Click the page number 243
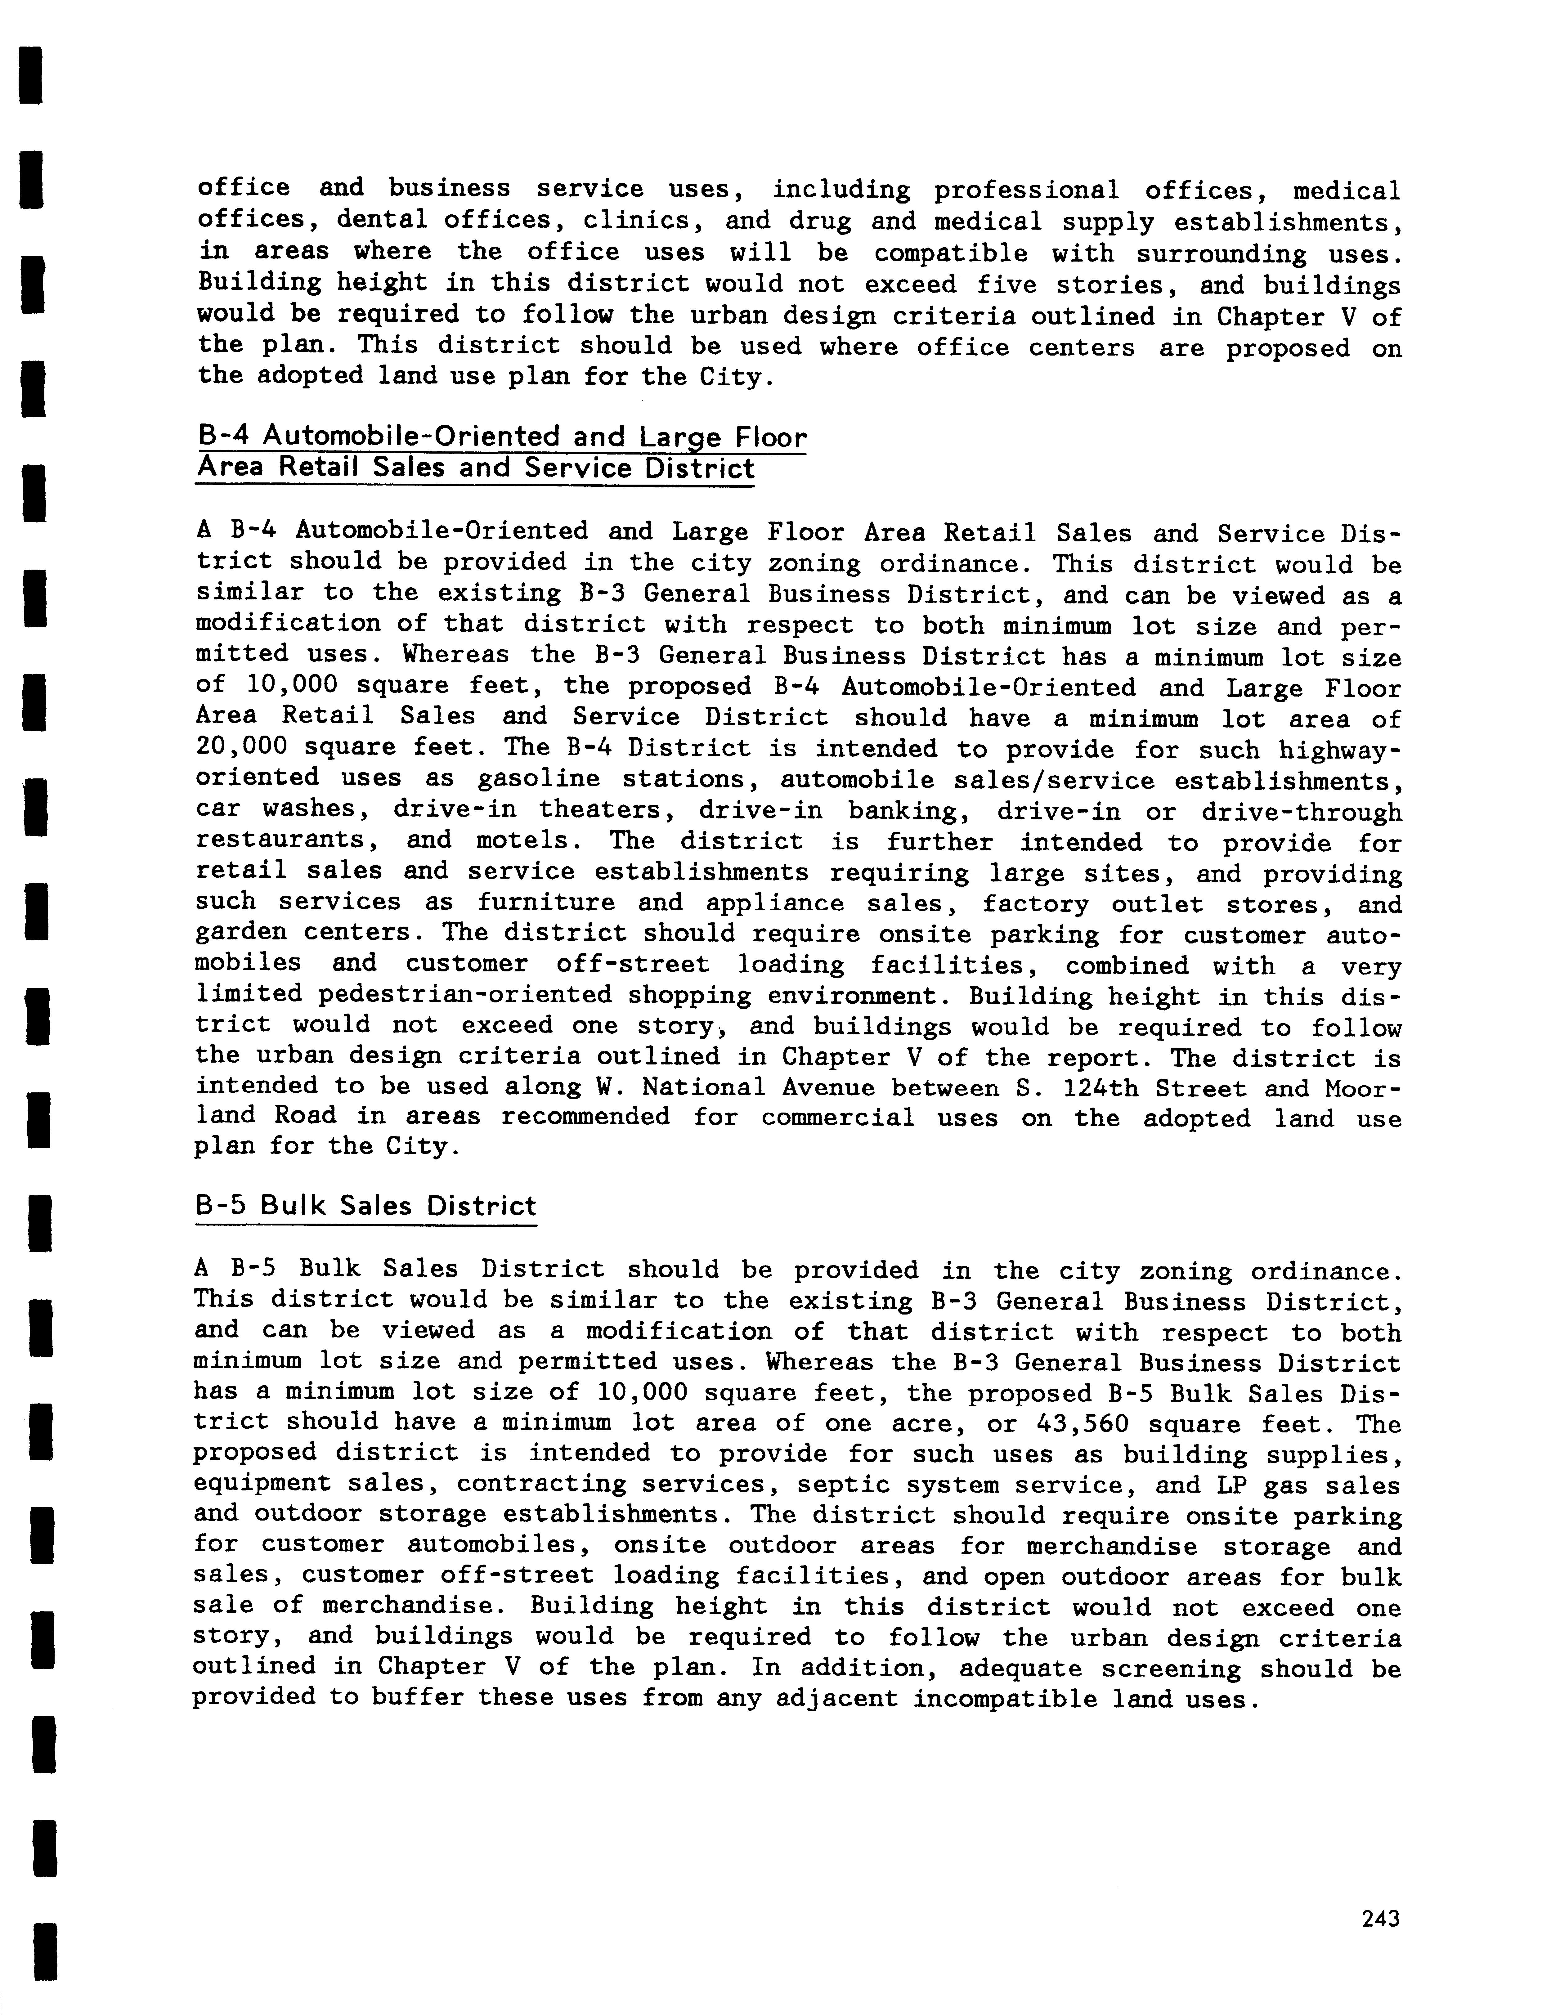[1380, 1919]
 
